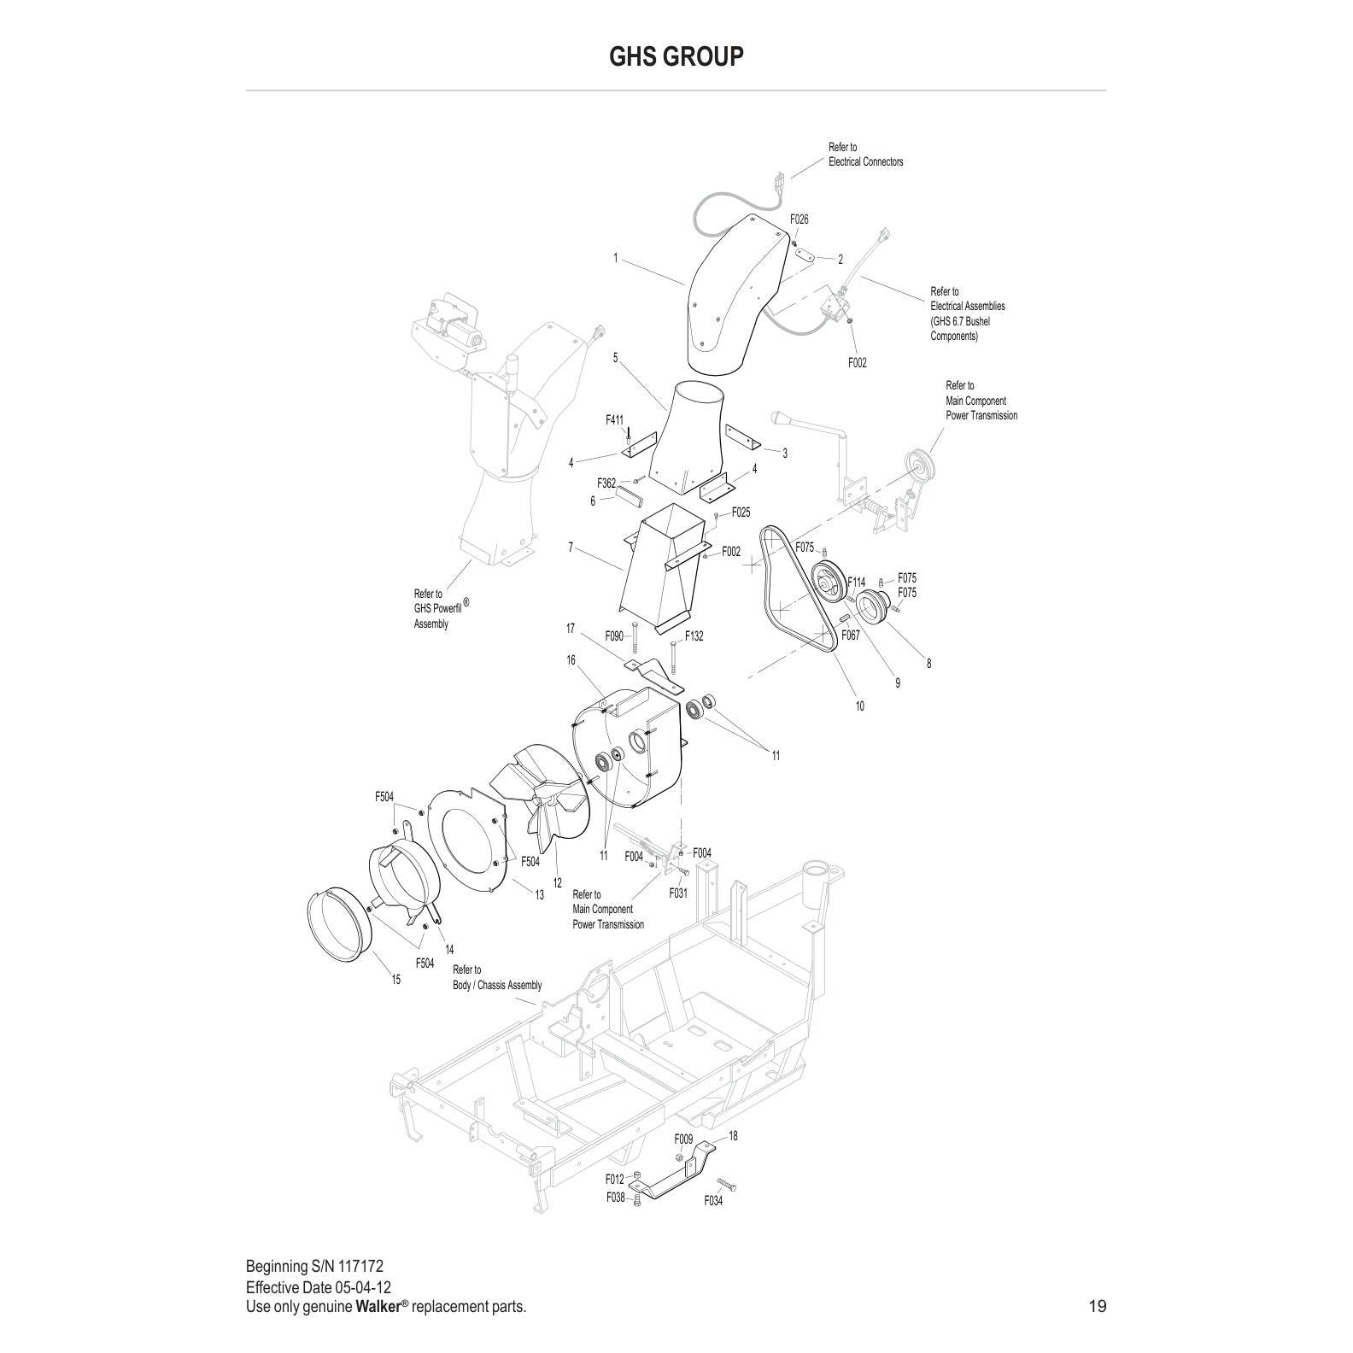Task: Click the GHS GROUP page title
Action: [676, 56]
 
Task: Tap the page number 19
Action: [1098, 1306]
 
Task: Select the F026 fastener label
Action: [799, 220]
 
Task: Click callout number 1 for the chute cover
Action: [615, 258]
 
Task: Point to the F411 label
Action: [615, 420]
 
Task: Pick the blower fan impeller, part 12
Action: [538, 795]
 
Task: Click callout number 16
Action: [571, 660]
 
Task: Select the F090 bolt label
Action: [614, 636]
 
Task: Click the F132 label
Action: [694, 636]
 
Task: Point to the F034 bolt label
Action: [713, 1201]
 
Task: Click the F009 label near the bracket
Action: [683, 1139]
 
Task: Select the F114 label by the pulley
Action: [856, 583]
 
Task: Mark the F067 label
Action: [851, 635]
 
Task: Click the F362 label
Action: [606, 483]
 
